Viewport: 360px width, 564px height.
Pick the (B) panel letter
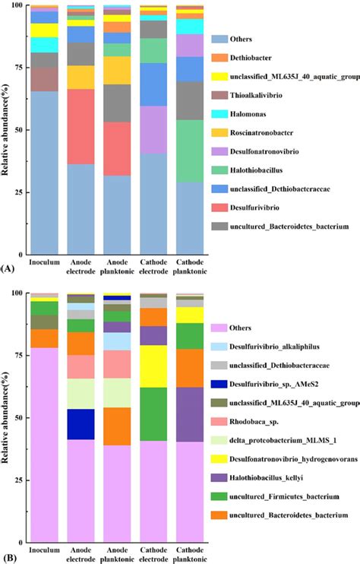point(7,558)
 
